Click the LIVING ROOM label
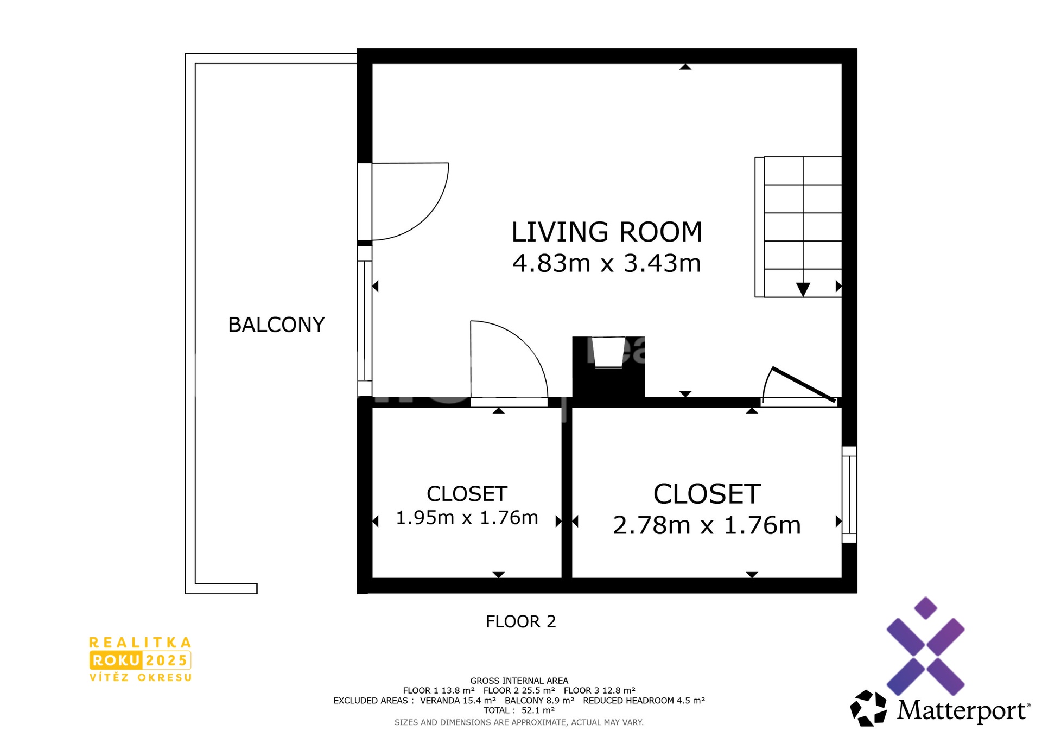tap(607, 232)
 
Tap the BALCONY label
tap(276, 325)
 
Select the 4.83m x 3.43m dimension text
tap(607, 263)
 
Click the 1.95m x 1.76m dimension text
tap(467, 518)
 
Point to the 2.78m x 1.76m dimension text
tap(707, 525)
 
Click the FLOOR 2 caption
tap(521, 621)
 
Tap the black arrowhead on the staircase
tap(803, 289)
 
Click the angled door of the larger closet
tap(803, 385)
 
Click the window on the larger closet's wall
tap(849, 494)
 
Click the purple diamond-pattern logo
tap(925, 646)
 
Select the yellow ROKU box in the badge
tap(116, 660)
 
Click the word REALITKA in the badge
tap(140, 643)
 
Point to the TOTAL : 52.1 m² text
tap(519, 710)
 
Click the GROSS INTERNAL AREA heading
tap(519, 681)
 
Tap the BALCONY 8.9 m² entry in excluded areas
tap(539, 701)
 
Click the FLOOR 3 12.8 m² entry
tap(600, 690)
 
